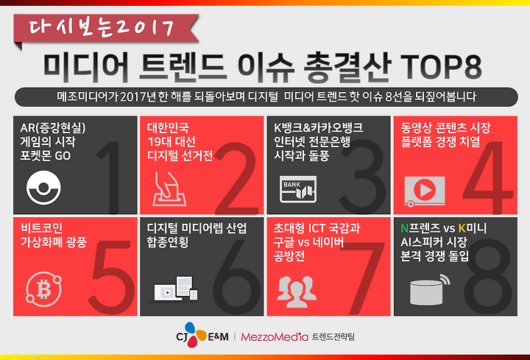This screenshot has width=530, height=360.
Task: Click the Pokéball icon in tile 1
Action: (x=43, y=188)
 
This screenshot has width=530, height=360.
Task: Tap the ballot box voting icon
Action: (x=169, y=189)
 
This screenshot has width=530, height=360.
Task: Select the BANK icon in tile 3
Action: (x=298, y=189)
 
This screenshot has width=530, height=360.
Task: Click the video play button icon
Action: (x=425, y=191)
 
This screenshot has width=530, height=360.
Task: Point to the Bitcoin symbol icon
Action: (x=43, y=289)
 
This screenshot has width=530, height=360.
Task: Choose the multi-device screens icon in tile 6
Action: (x=174, y=289)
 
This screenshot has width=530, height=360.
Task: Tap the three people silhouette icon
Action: (x=297, y=292)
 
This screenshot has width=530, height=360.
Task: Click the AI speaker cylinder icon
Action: (x=429, y=290)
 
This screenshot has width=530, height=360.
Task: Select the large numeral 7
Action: (x=361, y=278)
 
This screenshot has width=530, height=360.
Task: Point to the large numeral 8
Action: (x=489, y=277)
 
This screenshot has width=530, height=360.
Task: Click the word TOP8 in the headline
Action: (x=441, y=67)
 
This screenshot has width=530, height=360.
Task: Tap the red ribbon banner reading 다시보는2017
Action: (x=106, y=29)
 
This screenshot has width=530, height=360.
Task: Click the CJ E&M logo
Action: (x=202, y=335)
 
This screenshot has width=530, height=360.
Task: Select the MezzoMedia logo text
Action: (x=275, y=336)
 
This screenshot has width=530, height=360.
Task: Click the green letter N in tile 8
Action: (x=404, y=228)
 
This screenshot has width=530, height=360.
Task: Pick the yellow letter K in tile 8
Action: (x=462, y=228)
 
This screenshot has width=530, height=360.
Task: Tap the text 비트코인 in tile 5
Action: (x=41, y=227)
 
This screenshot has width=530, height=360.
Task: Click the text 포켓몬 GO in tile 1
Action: (x=46, y=156)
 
